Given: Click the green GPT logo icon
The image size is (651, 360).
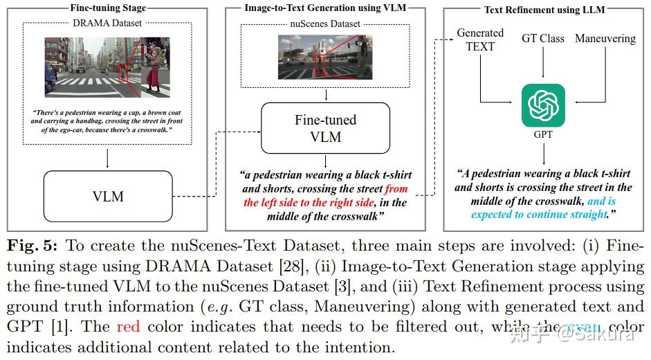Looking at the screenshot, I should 543,105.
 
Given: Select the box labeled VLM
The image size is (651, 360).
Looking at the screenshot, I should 108,196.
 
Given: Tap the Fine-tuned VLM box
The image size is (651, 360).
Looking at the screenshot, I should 325,128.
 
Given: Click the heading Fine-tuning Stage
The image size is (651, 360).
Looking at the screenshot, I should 108,8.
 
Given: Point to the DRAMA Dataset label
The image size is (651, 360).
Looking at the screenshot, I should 108,23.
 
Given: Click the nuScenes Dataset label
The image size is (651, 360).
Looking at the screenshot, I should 325,24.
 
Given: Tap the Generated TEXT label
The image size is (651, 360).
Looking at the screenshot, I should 480,39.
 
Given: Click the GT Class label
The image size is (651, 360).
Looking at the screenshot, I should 543,38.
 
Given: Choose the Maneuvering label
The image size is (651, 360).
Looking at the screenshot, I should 605,38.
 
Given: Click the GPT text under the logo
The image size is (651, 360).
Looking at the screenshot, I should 543,135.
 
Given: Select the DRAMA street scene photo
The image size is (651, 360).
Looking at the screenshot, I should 107,66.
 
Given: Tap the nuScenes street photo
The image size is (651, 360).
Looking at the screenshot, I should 325,57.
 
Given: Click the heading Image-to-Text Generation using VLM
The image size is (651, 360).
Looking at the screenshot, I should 325,8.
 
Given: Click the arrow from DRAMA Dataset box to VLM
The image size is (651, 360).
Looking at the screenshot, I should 108,157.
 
